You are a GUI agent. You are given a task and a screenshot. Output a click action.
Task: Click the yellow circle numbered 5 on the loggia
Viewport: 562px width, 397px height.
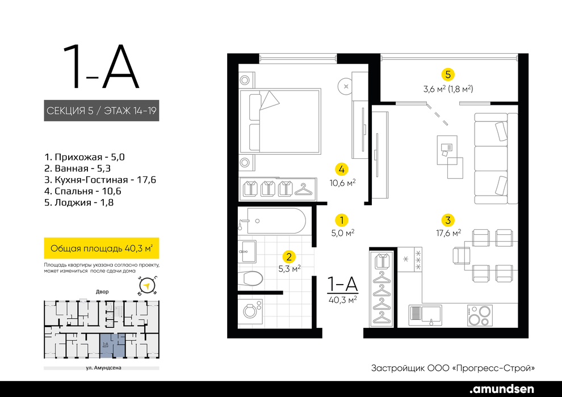(x=448, y=74)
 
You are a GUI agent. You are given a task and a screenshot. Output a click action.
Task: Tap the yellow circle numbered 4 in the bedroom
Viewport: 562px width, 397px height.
(x=342, y=169)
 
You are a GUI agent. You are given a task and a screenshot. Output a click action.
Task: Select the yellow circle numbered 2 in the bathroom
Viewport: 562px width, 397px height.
(x=289, y=256)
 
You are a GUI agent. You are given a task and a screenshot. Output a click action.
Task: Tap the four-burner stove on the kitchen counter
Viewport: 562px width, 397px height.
(x=480, y=315)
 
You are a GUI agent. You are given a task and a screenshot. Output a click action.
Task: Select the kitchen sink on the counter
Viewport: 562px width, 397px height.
(x=425, y=315)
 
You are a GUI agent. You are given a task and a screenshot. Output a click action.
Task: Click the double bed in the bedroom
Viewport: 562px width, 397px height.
(x=279, y=121)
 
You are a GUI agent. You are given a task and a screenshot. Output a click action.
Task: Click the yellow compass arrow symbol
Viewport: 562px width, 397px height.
(x=146, y=286)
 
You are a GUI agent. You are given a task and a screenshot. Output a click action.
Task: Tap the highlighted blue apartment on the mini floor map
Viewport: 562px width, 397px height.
(x=112, y=346)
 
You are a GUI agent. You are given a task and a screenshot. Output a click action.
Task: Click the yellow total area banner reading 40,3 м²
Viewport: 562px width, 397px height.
(x=102, y=248)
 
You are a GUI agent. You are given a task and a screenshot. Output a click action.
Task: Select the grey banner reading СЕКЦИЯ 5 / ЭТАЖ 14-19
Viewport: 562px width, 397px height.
(x=102, y=111)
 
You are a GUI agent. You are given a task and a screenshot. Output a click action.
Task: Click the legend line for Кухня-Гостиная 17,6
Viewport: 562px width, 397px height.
(x=100, y=180)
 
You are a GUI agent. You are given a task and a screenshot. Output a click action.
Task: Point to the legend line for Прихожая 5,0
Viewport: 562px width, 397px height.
(x=85, y=157)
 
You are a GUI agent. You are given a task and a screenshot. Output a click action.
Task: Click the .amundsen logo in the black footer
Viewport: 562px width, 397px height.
(x=502, y=388)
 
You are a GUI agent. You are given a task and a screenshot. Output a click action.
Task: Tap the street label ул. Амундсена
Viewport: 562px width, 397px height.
(x=103, y=368)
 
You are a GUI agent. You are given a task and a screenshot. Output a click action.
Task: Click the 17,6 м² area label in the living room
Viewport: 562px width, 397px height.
(x=448, y=233)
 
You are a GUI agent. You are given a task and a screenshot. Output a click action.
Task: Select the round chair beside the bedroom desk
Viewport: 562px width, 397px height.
(x=345, y=86)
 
